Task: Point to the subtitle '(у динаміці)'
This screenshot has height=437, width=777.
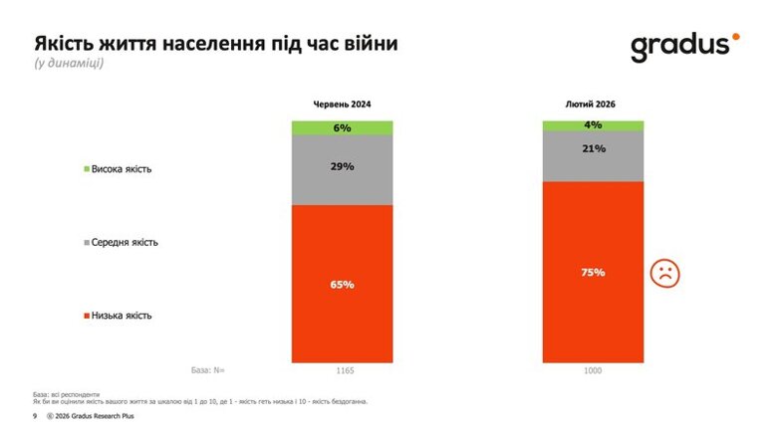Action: point(69,64)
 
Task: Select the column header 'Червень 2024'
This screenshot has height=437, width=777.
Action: point(342,105)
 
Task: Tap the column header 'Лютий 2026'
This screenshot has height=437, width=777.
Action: point(593,105)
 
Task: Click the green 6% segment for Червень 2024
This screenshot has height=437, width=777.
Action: point(342,127)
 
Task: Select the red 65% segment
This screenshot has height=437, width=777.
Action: point(342,284)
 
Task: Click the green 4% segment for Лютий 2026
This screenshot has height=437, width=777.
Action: point(593,125)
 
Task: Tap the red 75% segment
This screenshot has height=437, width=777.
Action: point(593,272)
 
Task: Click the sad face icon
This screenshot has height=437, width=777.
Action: point(663,273)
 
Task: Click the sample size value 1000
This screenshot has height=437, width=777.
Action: point(593,370)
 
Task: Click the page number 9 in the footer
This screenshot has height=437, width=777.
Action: point(35,416)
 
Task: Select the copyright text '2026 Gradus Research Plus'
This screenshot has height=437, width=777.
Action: point(95,416)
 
